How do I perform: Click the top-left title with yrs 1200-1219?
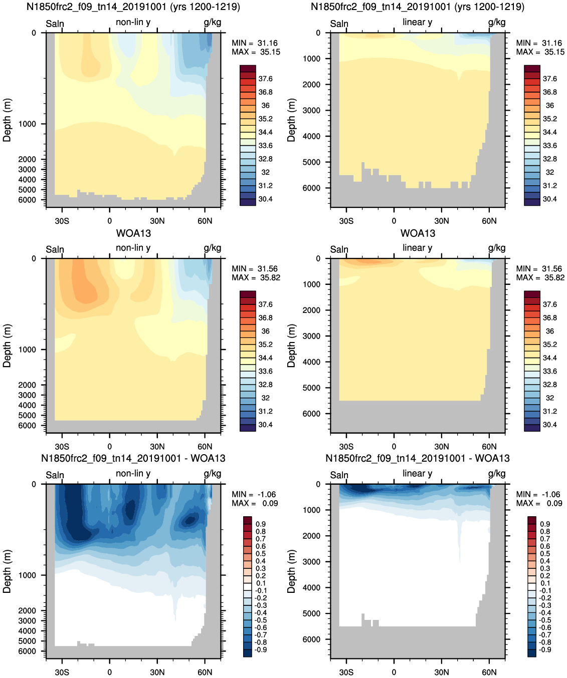(133, 7)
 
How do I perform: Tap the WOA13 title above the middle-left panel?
(133, 233)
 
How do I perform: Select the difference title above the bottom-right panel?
(418, 458)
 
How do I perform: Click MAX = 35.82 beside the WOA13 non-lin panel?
(256, 278)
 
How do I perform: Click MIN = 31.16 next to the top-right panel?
(539, 43)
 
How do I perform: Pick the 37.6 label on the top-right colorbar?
(550, 79)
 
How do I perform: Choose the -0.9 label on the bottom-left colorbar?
(261, 649)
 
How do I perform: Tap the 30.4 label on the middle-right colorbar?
(550, 425)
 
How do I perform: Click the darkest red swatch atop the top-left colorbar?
(248, 69)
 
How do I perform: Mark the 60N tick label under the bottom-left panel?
(205, 672)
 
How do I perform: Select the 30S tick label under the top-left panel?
(62, 221)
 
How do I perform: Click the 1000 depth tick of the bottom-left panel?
(27, 575)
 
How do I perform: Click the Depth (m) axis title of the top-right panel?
(291, 120)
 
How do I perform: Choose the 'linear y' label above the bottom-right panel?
(417, 473)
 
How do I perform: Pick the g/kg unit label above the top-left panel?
(213, 23)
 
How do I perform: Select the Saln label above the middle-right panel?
(339, 249)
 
